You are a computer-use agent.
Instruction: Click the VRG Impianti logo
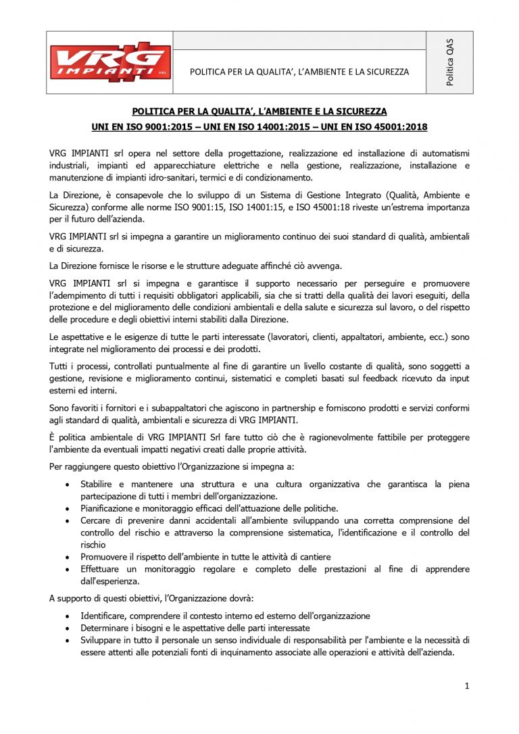pyautogui.click(x=108, y=62)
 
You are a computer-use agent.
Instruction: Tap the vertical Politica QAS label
pyautogui.click(x=449, y=62)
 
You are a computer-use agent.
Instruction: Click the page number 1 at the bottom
pyautogui.click(x=467, y=686)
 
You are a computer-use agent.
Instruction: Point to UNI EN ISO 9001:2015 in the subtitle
pyautogui.click(x=145, y=126)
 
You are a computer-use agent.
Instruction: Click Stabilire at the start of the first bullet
pyautogui.click(x=96, y=485)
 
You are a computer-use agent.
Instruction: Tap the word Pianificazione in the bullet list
pyautogui.click(x=109, y=508)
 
